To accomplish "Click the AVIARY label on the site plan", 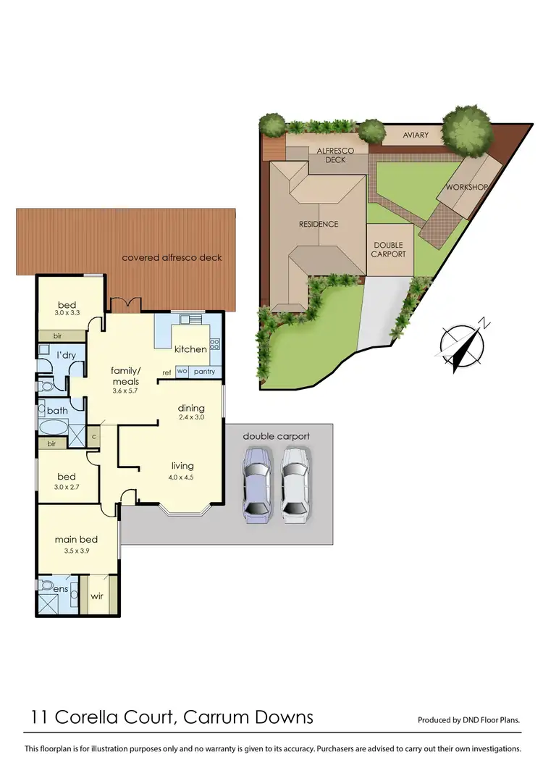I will click(415, 135).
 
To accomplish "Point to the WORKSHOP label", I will click(466, 187).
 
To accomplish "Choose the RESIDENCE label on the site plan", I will click(319, 224).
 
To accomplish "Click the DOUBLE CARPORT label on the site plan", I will click(389, 250).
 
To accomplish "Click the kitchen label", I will click(190, 349).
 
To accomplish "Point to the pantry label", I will click(204, 372).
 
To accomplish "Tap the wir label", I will click(96, 596).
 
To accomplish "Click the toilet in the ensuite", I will click(46, 583).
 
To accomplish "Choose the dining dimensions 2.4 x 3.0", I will click(192, 419).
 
